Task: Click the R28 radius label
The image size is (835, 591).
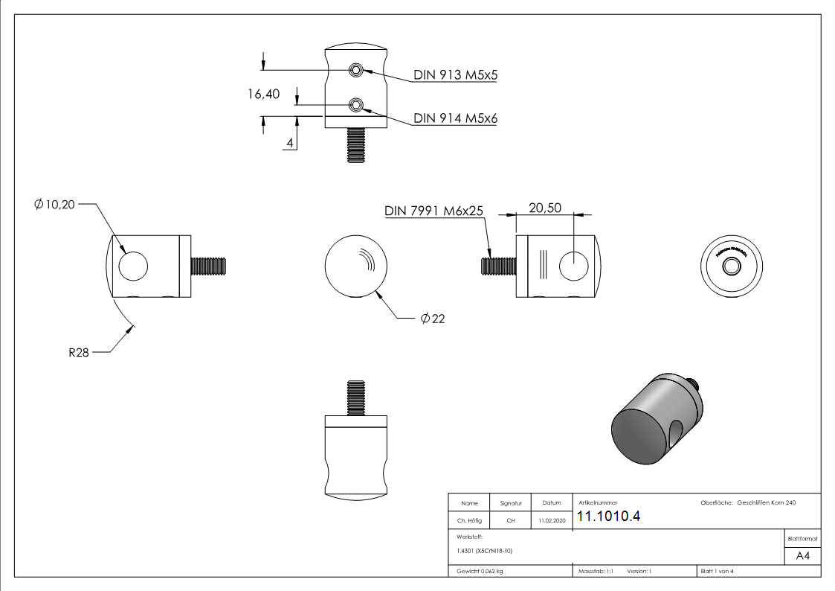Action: pyautogui.click(x=79, y=353)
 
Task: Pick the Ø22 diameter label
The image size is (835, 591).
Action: pyautogui.click(x=433, y=319)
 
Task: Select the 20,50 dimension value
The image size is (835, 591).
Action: pyautogui.click(x=544, y=208)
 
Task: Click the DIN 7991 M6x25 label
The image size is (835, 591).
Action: pyautogui.click(x=434, y=211)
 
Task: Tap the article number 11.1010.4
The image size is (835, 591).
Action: pyautogui.click(x=608, y=517)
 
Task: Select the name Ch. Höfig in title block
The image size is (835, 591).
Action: pyautogui.click(x=469, y=521)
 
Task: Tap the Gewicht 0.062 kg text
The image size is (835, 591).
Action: pyautogui.click(x=480, y=571)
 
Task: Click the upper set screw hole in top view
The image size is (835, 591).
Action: pyautogui.click(x=357, y=70)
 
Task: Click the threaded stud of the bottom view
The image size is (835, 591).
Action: pyautogui.click(x=355, y=396)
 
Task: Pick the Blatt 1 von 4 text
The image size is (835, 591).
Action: pyautogui.click(x=717, y=571)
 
